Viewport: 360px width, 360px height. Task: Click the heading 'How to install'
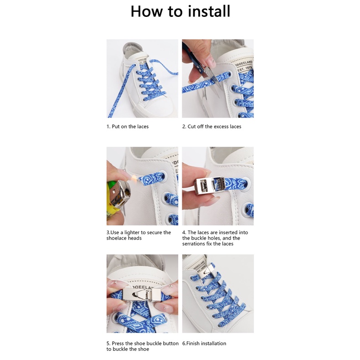pyautogui.click(x=180, y=11)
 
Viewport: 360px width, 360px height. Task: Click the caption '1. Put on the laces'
pyautogui.click(x=128, y=127)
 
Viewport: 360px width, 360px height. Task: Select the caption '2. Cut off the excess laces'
pyautogui.click(x=212, y=127)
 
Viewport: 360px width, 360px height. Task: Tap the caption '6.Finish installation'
pyautogui.click(x=204, y=344)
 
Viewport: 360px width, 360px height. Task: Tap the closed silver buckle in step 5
pyautogui.click(x=142, y=294)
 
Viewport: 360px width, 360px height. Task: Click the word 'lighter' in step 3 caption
pyautogui.click(x=132, y=232)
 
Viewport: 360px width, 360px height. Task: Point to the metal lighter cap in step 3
pyautogui.click(x=122, y=193)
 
